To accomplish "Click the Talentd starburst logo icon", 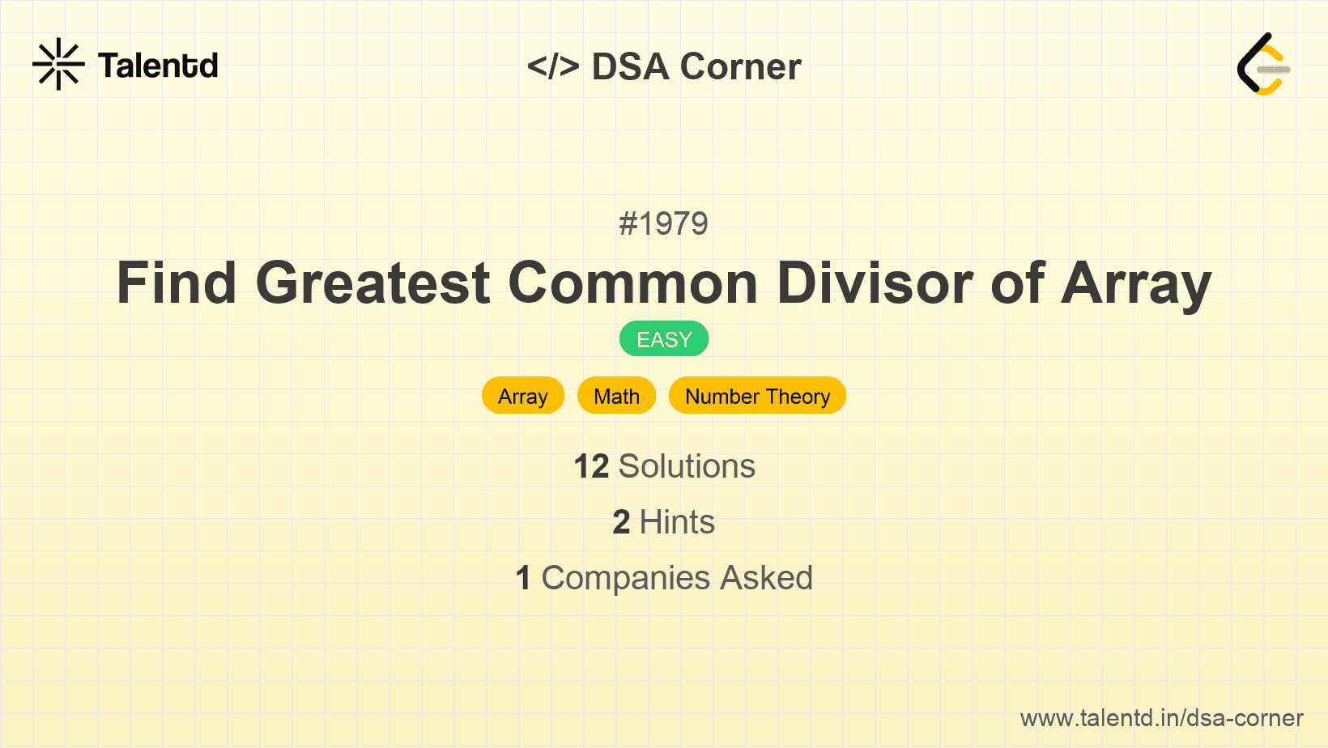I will click(x=58, y=64).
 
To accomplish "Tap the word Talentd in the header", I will click(x=158, y=66).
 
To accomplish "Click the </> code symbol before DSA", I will click(x=553, y=66).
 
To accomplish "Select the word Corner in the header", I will click(x=741, y=66).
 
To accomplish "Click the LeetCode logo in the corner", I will click(x=1263, y=64).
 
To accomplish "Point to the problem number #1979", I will click(x=663, y=223).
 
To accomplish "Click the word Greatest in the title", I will click(x=372, y=283).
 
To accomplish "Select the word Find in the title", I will click(x=177, y=283).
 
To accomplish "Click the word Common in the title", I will click(x=632, y=283).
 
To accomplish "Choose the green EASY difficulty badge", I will click(x=664, y=339).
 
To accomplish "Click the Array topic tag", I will click(x=523, y=396).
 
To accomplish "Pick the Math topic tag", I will click(x=616, y=396).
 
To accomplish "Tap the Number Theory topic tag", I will click(x=757, y=396).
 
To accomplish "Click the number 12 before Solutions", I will click(x=591, y=466).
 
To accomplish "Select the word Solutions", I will click(x=687, y=466).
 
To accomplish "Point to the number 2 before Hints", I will click(x=621, y=522).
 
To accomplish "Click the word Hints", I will click(x=677, y=522).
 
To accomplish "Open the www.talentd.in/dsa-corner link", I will click(x=1161, y=718).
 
